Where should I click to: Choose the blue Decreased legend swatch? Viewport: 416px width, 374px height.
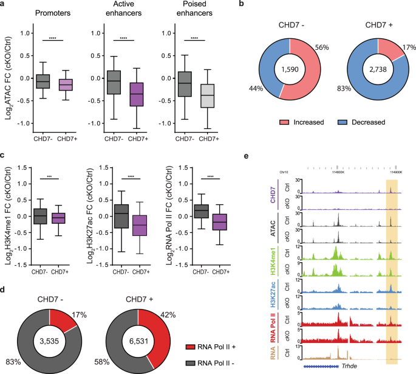341,121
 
